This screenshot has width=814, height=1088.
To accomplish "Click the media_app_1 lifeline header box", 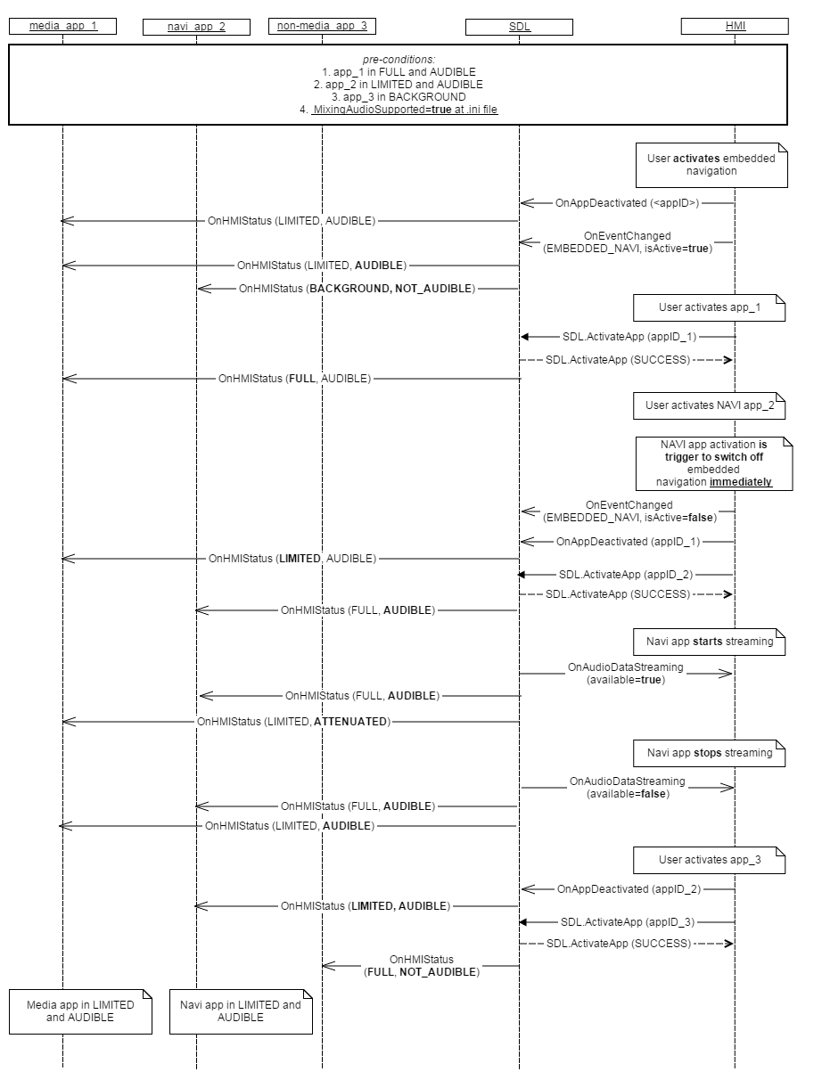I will point(62,26).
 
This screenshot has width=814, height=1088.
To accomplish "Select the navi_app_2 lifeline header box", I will point(196,27).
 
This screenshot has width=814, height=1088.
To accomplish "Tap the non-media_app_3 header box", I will point(322,26).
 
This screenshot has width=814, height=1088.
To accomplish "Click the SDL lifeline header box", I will point(519,27).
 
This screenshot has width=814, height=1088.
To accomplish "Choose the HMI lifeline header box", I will point(735,26).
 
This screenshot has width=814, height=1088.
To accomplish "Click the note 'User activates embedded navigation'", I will point(711,164).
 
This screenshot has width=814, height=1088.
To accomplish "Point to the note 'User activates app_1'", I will point(709,307).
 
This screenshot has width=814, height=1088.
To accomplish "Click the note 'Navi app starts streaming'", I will point(710,641).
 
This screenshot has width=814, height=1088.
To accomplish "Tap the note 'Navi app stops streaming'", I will point(710,753).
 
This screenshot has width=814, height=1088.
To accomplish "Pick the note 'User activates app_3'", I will point(710,860).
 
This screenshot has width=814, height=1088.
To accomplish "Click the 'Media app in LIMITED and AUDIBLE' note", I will point(80,1010).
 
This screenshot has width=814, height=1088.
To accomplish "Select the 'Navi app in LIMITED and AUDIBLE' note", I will point(241,1010).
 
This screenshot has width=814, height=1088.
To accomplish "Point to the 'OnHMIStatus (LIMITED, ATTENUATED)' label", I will point(293,721).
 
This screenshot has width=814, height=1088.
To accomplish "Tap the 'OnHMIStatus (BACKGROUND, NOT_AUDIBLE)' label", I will point(357,289).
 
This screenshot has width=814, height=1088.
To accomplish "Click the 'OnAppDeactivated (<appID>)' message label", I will point(628,203).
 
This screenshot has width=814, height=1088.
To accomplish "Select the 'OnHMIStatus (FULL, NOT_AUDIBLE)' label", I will point(422,965).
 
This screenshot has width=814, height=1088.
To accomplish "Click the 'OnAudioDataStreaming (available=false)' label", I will point(628,787).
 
